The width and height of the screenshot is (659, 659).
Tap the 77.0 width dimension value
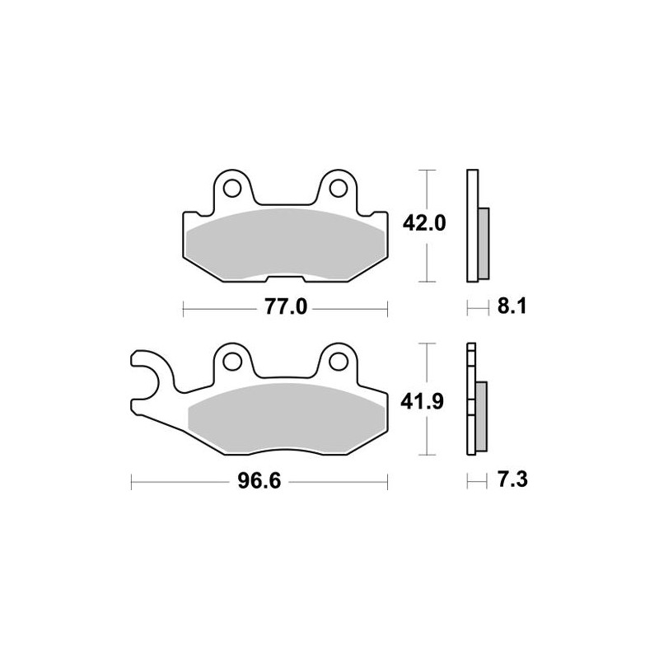click(x=285, y=308)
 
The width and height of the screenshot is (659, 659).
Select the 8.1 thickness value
click(x=511, y=308)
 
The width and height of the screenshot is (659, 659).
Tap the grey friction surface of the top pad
click(x=284, y=245)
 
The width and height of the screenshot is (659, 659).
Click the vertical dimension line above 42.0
click(x=425, y=189)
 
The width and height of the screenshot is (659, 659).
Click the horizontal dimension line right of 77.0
click(x=350, y=308)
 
